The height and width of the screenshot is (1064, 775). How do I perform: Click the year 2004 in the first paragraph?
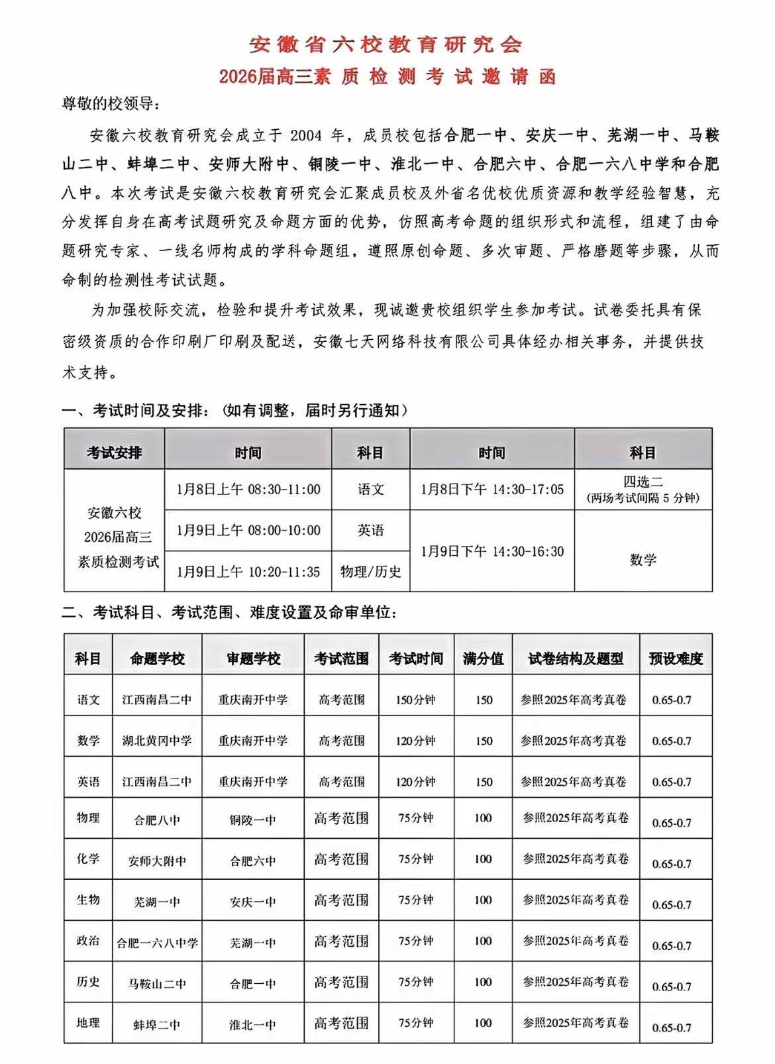[x=305, y=136]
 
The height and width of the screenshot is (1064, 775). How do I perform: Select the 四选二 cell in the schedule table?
[x=643, y=482]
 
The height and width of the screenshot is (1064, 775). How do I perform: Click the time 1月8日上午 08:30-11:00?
[x=248, y=490]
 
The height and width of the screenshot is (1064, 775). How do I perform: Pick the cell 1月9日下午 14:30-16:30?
[x=492, y=551]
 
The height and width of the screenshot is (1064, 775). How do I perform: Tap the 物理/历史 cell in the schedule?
[x=370, y=571]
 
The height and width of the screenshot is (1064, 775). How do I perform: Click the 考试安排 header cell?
[x=114, y=452]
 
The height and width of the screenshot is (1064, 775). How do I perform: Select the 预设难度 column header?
[x=676, y=659]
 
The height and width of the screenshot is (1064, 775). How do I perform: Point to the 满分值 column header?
[x=484, y=659]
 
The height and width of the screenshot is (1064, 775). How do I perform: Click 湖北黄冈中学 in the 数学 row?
[x=157, y=741]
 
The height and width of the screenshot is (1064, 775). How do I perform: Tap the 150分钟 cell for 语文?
[x=415, y=700]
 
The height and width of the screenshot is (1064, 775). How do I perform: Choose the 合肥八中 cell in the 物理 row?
[x=157, y=820]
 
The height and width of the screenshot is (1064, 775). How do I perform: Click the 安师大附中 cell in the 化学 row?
[x=157, y=861]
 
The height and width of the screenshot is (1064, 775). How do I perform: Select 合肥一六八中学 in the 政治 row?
[x=157, y=943]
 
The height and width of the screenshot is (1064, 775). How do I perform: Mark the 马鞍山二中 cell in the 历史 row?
[x=157, y=984]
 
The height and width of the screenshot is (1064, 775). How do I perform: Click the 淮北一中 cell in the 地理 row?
[x=252, y=1025]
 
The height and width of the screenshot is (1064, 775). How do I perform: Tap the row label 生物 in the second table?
[x=88, y=900]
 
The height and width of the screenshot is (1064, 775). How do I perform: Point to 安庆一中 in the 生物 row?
[x=252, y=902]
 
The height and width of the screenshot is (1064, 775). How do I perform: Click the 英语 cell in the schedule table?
[x=370, y=530]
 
